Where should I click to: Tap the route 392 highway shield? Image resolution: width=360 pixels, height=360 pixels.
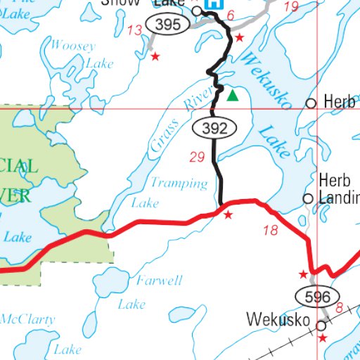(x=212, y=127)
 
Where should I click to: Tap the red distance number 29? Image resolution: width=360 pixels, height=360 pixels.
(x=197, y=156)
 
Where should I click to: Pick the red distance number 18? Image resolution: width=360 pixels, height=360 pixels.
(x=270, y=230)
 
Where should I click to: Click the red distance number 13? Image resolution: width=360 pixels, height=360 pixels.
(x=135, y=29)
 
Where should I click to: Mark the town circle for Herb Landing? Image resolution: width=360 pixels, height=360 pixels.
(x=308, y=199)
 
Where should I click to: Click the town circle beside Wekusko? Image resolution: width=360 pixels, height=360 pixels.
(x=321, y=326)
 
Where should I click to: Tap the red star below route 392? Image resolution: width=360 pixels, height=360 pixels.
(x=227, y=214)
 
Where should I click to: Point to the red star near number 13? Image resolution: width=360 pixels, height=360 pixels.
(x=155, y=56)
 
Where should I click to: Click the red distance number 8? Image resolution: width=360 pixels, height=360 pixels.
(x=338, y=307)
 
